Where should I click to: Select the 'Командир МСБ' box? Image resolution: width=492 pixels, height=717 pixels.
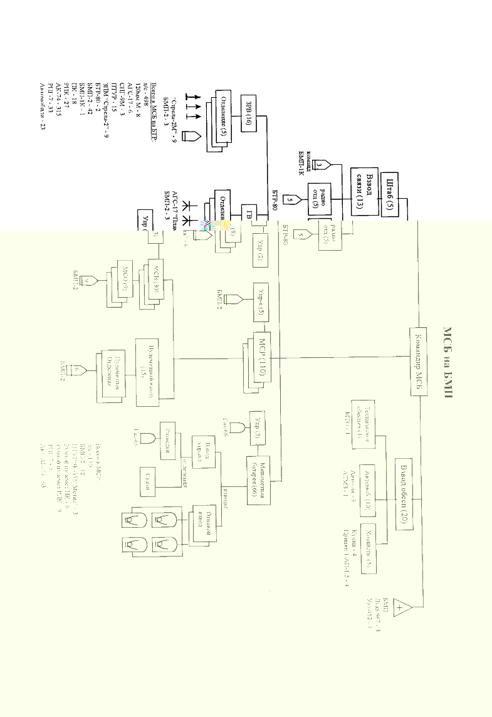419,362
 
